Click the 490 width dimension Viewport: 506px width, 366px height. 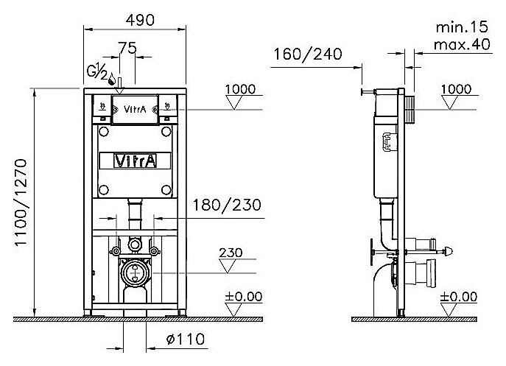tap(140, 20)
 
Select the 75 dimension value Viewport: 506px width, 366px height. tap(127, 48)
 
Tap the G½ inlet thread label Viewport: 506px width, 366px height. tap(96, 71)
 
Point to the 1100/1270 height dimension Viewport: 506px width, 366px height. tap(21, 203)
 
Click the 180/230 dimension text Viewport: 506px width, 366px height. tap(227, 205)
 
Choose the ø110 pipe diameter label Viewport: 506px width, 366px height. tap(185, 339)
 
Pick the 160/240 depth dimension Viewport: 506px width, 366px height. tap(308, 54)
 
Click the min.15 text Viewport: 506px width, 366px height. tap(462, 27)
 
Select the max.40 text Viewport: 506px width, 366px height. tap(462, 44)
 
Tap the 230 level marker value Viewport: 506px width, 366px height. tap(231, 253)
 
